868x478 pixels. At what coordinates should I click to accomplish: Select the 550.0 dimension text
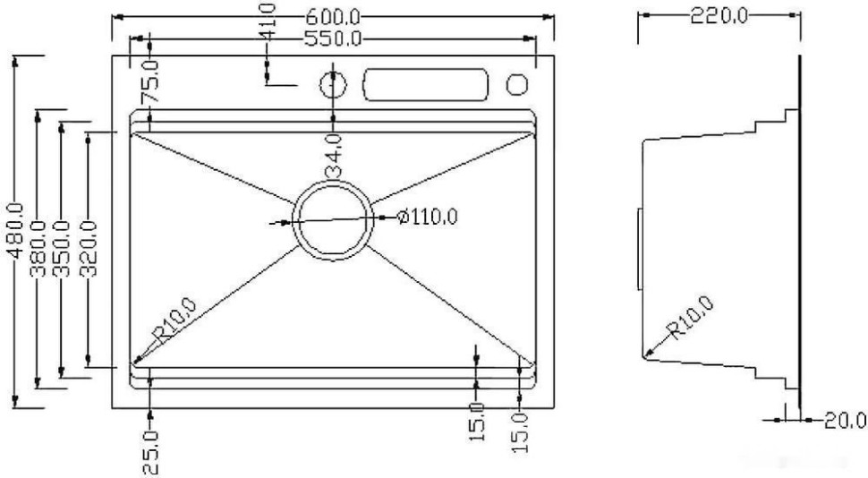(x=333, y=38)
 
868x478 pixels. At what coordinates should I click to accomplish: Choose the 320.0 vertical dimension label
(x=89, y=247)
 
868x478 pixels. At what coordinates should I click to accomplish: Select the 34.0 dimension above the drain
(x=333, y=155)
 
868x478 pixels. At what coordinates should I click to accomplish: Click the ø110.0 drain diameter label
(x=427, y=217)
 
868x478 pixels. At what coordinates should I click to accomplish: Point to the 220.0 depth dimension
(x=718, y=16)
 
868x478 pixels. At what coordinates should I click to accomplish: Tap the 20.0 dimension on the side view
(x=844, y=420)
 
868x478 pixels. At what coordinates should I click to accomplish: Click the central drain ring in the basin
(x=332, y=219)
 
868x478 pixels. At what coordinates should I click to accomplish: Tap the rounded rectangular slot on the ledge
(x=425, y=85)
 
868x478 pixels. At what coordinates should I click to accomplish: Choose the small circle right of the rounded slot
(x=517, y=84)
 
